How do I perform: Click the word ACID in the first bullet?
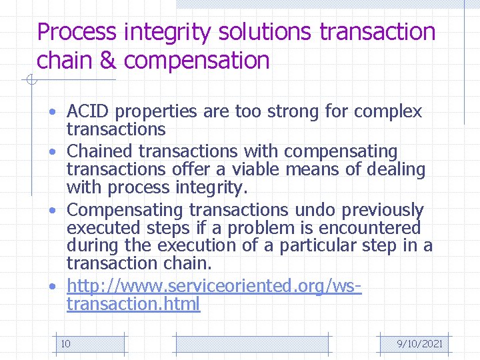85,111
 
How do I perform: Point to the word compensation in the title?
197,61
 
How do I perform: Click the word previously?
383,211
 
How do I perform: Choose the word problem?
277,227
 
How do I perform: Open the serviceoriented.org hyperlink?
213,287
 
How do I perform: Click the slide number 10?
66,344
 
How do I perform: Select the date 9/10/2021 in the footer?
419,344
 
